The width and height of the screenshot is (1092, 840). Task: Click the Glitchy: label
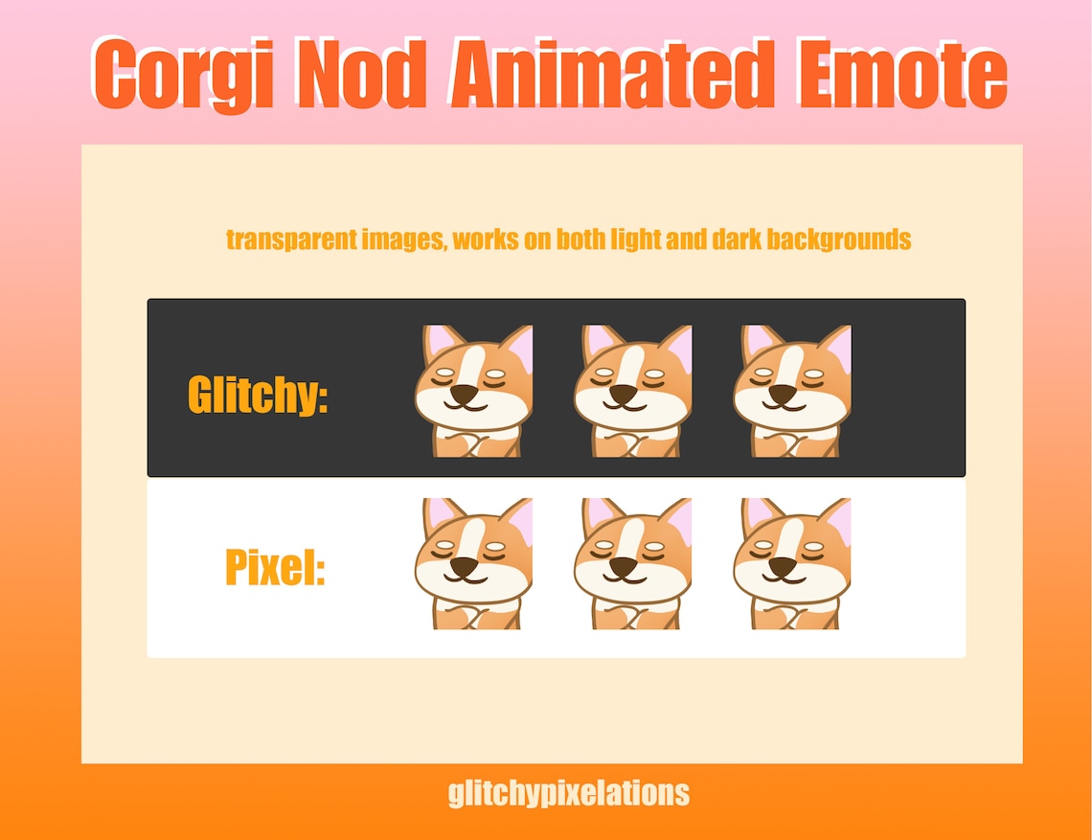(x=258, y=394)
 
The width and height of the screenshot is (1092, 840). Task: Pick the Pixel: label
(x=276, y=567)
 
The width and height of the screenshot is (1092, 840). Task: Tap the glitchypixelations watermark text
(x=568, y=793)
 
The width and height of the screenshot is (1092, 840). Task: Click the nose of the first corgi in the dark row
(x=464, y=394)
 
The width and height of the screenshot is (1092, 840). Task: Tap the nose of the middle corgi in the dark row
(x=624, y=394)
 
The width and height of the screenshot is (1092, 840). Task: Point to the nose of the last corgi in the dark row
(x=783, y=394)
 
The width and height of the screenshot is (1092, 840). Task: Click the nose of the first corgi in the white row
(x=464, y=567)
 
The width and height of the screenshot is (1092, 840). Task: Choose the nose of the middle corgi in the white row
(x=624, y=567)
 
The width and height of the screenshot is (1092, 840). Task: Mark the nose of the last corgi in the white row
(x=783, y=567)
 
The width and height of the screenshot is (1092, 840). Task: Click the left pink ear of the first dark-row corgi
(x=438, y=342)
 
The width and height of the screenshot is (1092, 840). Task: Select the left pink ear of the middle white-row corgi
(x=598, y=514)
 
